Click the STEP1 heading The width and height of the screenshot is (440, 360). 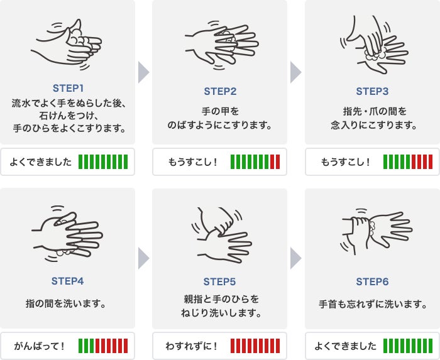point(68,89)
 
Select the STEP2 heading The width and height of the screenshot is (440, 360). point(220,91)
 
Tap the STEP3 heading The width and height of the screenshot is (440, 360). point(372,91)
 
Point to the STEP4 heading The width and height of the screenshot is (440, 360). point(68,281)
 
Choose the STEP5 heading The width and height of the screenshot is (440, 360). point(220,281)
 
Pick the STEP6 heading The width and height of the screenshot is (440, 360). point(372,281)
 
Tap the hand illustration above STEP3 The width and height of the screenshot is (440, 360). point(374,45)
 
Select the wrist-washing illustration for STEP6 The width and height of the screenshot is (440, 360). point(377,232)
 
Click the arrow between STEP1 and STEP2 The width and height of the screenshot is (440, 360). point(143,72)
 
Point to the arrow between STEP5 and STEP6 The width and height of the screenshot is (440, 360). point(295,258)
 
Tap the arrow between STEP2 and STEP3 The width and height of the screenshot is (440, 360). point(295,72)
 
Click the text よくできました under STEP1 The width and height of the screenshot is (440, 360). point(41,162)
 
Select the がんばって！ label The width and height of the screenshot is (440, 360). point(40,346)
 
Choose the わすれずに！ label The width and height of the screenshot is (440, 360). point(191,346)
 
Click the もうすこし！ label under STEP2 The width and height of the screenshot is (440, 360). point(192,162)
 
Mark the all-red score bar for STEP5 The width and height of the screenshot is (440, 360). point(255,346)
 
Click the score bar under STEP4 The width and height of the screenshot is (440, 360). point(103,346)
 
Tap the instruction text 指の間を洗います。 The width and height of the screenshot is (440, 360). point(65,303)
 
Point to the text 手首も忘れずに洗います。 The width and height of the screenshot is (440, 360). point(373,304)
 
